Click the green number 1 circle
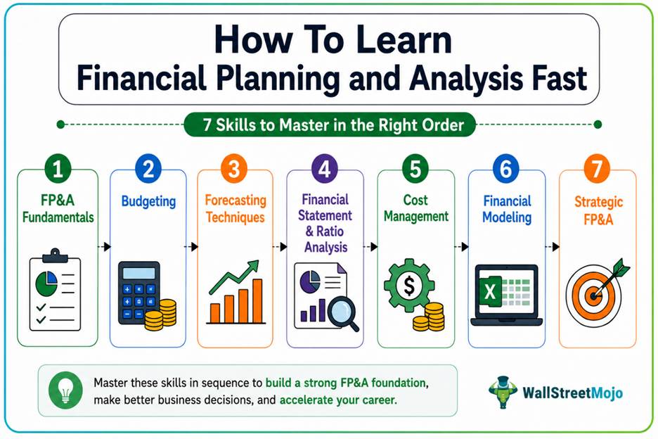(58, 169)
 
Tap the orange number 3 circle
(233, 169)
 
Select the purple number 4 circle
(324, 169)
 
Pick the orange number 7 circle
(596, 169)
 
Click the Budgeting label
(148, 202)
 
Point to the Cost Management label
(416, 208)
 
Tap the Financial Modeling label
(507, 209)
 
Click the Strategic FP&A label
(598, 210)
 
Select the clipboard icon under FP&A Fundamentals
(55, 290)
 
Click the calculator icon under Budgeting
(139, 293)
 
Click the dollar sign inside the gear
(408, 286)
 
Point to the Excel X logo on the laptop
(490, 291)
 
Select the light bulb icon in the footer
(65, 390)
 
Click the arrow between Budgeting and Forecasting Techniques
(191, 247)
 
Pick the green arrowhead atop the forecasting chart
(252, 267)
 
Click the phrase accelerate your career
(338, 400)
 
